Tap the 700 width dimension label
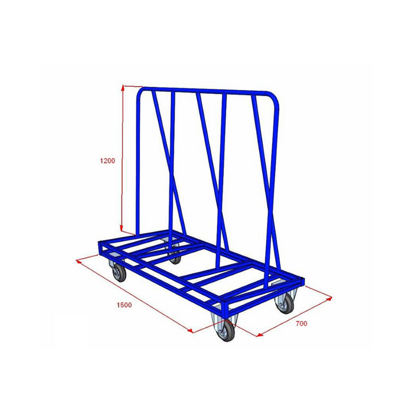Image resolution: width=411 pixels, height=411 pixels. pyautogui.click(x=301, y=324)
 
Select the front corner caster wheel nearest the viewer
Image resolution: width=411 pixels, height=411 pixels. pyautogui.click(x=225, y=330)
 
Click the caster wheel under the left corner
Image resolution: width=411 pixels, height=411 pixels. pyautogui.click(x=119, y=272)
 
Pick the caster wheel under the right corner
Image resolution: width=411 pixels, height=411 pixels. pyautogui.click(x=285, y=303)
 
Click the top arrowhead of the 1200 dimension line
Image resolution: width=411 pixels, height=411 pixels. pyautogui.click(x=123, y=88)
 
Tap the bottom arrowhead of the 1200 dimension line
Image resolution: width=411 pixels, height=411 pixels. pyautogui.click(x=123, y=229)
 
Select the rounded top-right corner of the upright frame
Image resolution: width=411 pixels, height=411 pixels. pyautogui.click(x=275, y=98)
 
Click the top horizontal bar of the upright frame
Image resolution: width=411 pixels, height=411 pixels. pyautogui.click(x=207, y=91)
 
